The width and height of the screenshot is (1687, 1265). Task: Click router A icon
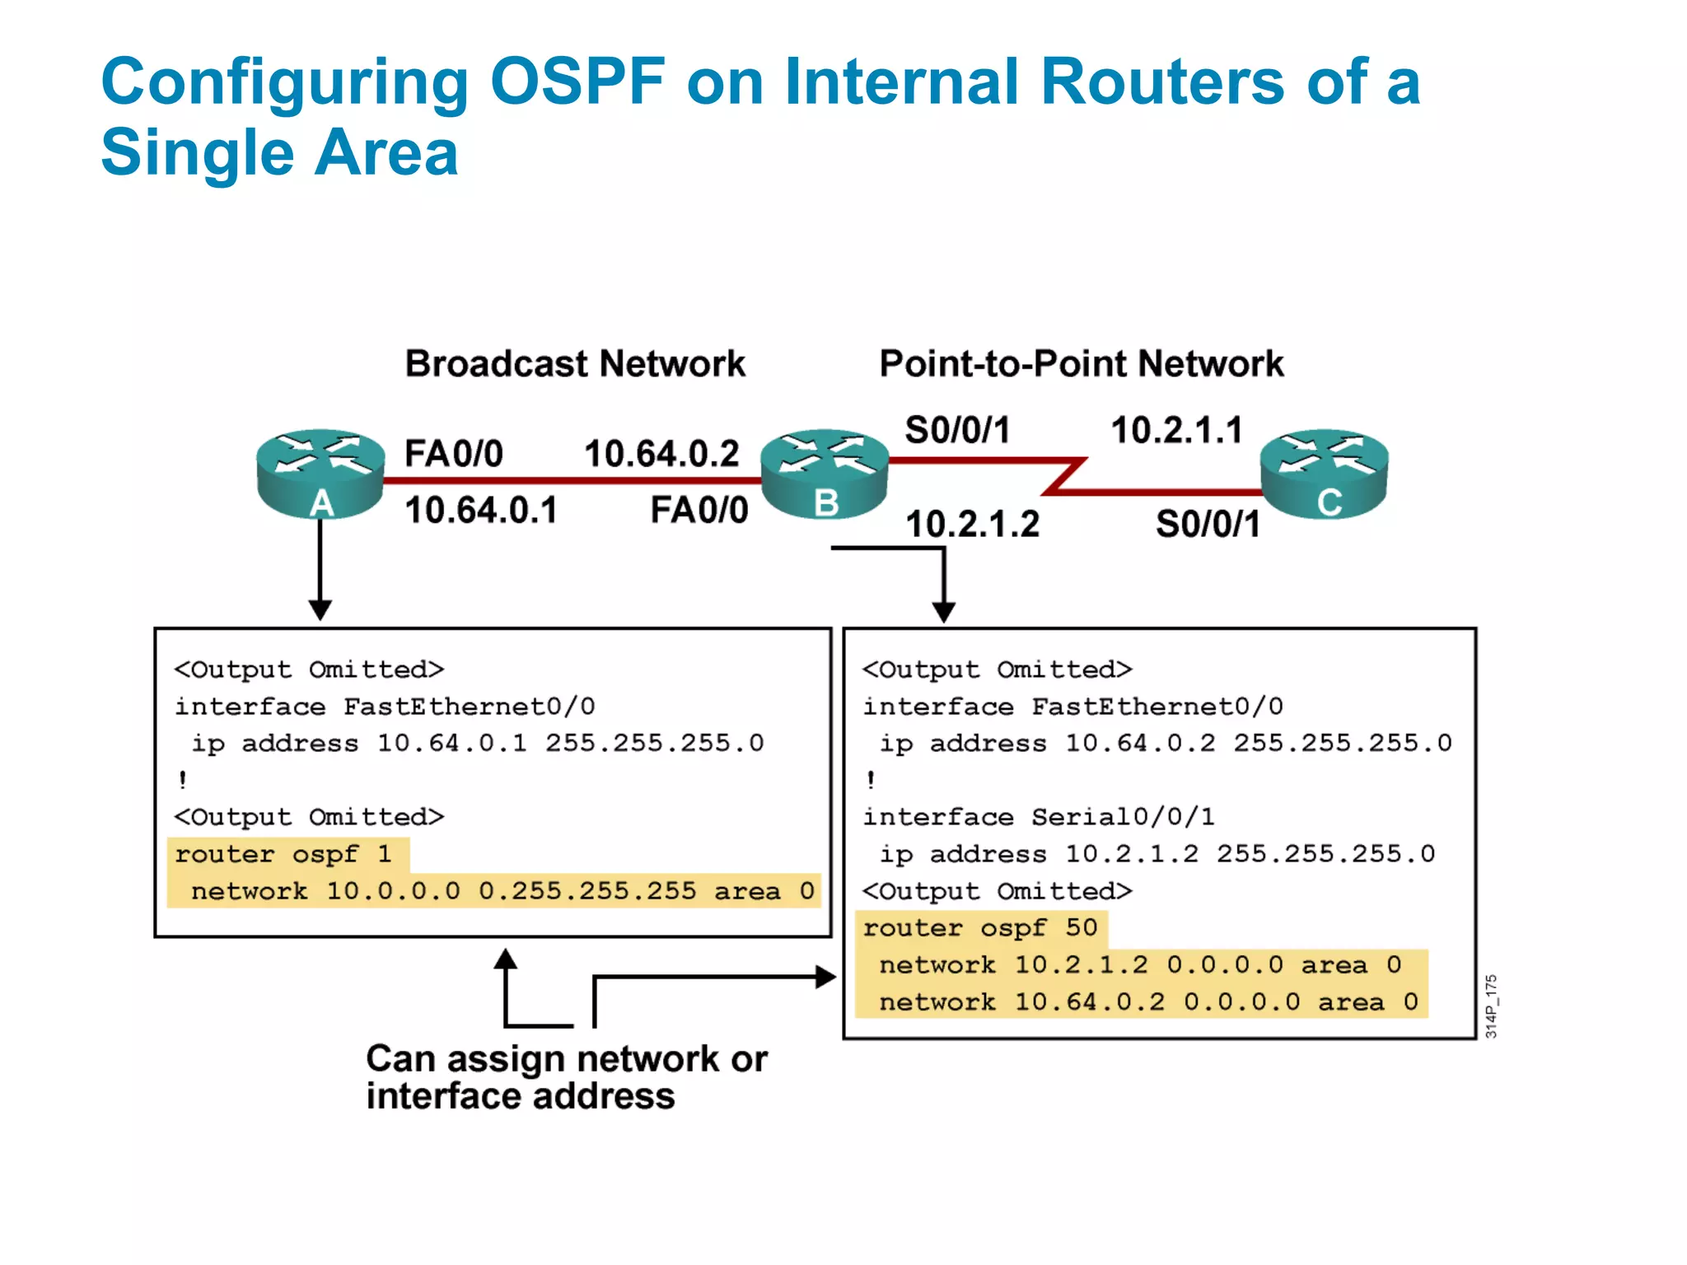pos(320,473)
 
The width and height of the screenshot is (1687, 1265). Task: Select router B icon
pos(825,473)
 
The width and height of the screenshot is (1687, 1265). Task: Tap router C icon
pos(1325,473)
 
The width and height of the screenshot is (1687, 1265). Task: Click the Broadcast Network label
pos(575,364)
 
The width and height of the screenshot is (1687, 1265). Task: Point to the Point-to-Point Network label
pos(1081,364)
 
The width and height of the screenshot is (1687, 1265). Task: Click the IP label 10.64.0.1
pos(481,511)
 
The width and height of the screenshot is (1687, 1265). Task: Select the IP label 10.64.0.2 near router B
pos(661,454)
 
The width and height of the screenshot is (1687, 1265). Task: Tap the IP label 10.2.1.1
pos(1176,430)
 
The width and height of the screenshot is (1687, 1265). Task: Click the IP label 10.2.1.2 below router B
pos(973,525)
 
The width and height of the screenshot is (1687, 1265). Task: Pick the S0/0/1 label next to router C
pos(1208,525)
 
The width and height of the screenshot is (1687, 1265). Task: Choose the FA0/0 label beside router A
pos(454,454)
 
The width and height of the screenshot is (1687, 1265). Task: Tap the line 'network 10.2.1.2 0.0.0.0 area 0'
pos(1140,965)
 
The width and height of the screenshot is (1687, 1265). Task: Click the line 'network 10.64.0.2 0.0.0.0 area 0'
pos(1148,1002)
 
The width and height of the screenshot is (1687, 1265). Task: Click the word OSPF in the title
pos(577,82)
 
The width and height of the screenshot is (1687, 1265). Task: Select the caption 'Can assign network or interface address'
pos(566,1077)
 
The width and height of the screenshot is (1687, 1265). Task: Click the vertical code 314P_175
pos(1492,1006)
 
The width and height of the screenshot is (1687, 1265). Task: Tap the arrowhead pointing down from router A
pos(320,610)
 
